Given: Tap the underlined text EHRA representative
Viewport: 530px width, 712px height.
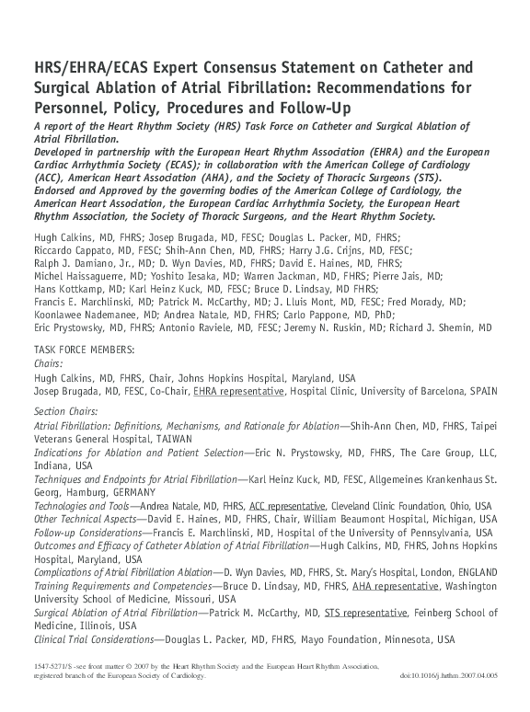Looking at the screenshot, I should pos(238,391).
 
